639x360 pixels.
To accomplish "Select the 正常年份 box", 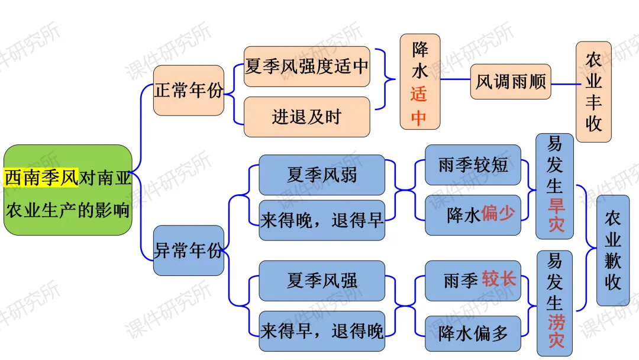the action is point(189,90).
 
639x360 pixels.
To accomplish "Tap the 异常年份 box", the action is point(189,250).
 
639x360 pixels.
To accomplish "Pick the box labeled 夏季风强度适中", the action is point(306,66).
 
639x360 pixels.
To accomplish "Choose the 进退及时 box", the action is point(306,117).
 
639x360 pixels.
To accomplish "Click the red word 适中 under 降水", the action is point(419,107).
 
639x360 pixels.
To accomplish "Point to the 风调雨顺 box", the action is point(511,82).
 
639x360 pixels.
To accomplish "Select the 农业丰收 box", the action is point(593,92).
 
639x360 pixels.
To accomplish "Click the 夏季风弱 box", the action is point(322,175).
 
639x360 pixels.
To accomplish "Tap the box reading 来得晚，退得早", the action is point(322,221).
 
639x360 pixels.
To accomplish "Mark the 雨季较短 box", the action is point(473,165).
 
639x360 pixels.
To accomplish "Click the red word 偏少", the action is point(498,214).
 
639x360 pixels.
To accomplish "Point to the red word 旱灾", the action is point(555,216).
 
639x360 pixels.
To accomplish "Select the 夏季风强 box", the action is point(322,280).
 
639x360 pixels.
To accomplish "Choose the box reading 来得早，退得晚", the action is point(322,331).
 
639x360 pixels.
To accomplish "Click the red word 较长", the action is point(499,279).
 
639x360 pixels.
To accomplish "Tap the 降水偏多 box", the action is point(473,333).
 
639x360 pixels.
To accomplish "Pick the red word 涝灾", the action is point(555,332).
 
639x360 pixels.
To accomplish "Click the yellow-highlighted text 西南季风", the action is point(41,178).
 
